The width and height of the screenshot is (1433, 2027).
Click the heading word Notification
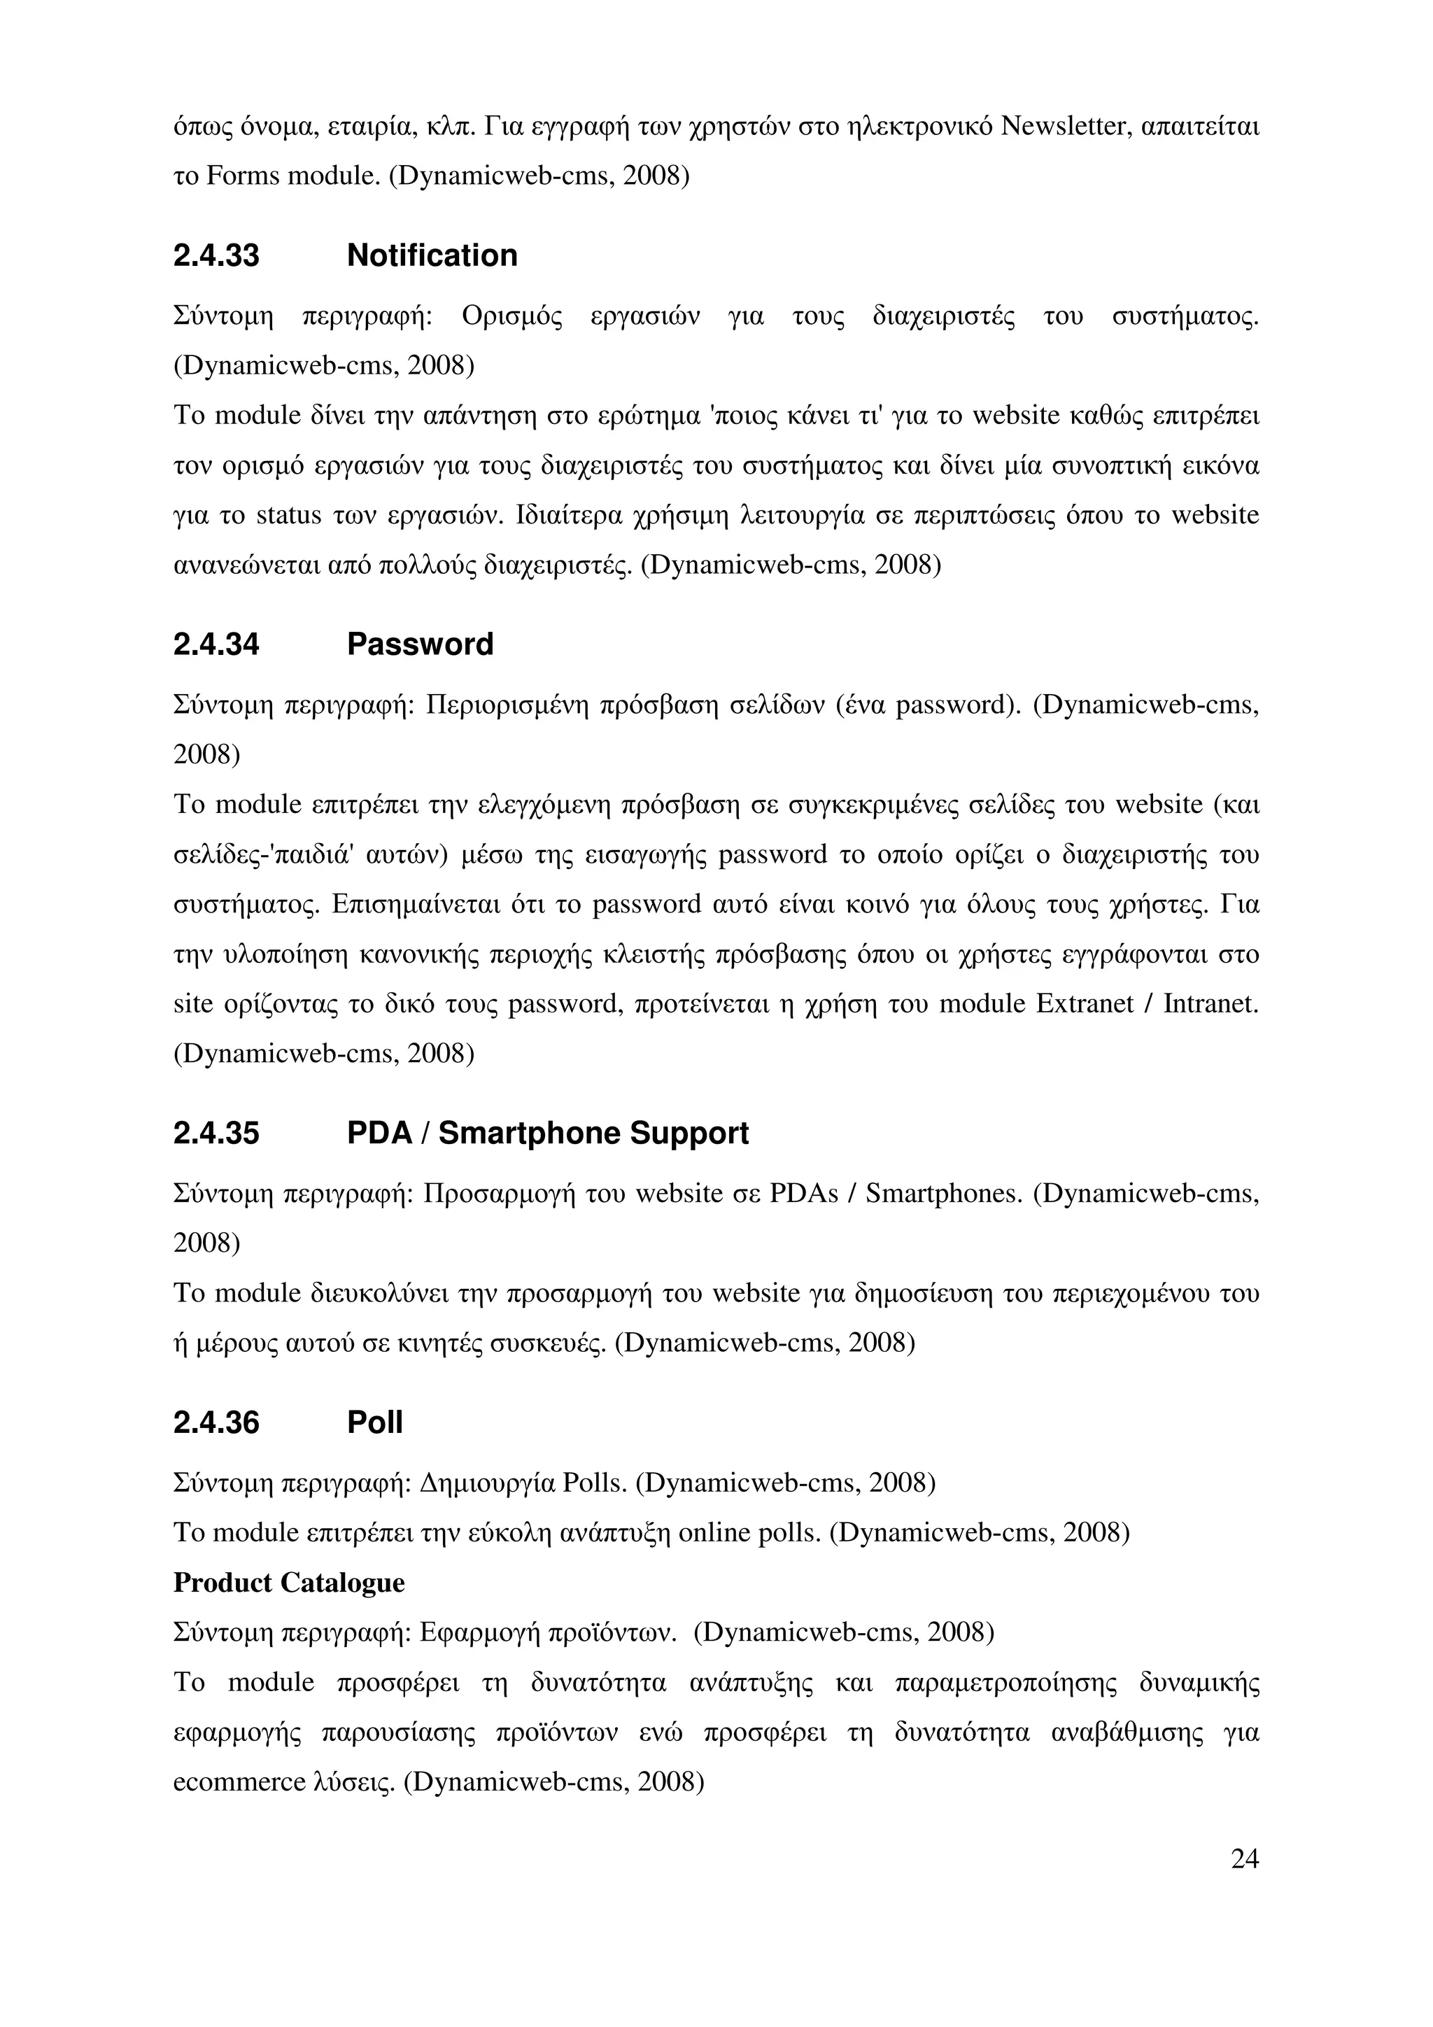click(x=432, y=255)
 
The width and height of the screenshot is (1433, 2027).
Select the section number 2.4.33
click(x=216, y=255)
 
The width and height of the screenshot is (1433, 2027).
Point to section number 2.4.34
click(x=216, y=644)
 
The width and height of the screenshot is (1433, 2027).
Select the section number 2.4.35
click(x=216, y=1133)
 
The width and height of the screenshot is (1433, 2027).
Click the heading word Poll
click(x=374, y=1422)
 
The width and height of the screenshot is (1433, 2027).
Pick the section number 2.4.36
click(x=216, y=1422)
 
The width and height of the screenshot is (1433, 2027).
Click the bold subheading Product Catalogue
click(x=289, y=1583)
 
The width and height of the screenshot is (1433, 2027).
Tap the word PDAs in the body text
click(x=803, y=1194)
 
